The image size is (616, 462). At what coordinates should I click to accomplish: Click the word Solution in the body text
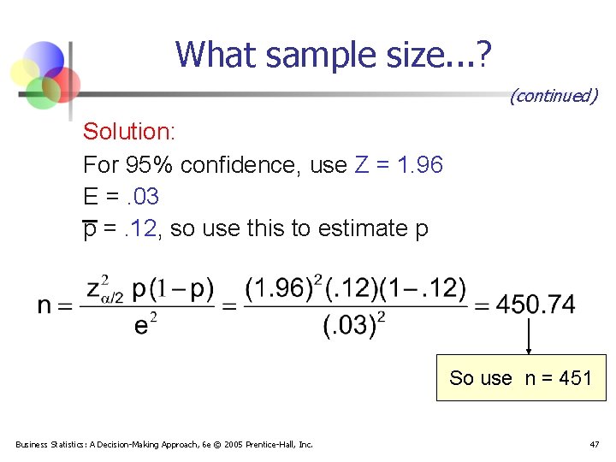tap(128, 132)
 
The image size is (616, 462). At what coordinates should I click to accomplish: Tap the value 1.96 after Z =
tap(420, 164)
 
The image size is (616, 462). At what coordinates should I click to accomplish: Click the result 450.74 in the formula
tap(536, 304)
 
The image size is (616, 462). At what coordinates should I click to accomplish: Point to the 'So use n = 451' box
tap(520, 377)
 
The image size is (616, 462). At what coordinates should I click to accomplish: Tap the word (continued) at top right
tap(553, 96)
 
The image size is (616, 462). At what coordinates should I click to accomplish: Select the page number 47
tap(594, 444)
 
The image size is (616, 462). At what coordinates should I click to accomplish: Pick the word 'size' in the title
tap(393, 55)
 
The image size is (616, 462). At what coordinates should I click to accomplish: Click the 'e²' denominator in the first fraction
tap(146, 326)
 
